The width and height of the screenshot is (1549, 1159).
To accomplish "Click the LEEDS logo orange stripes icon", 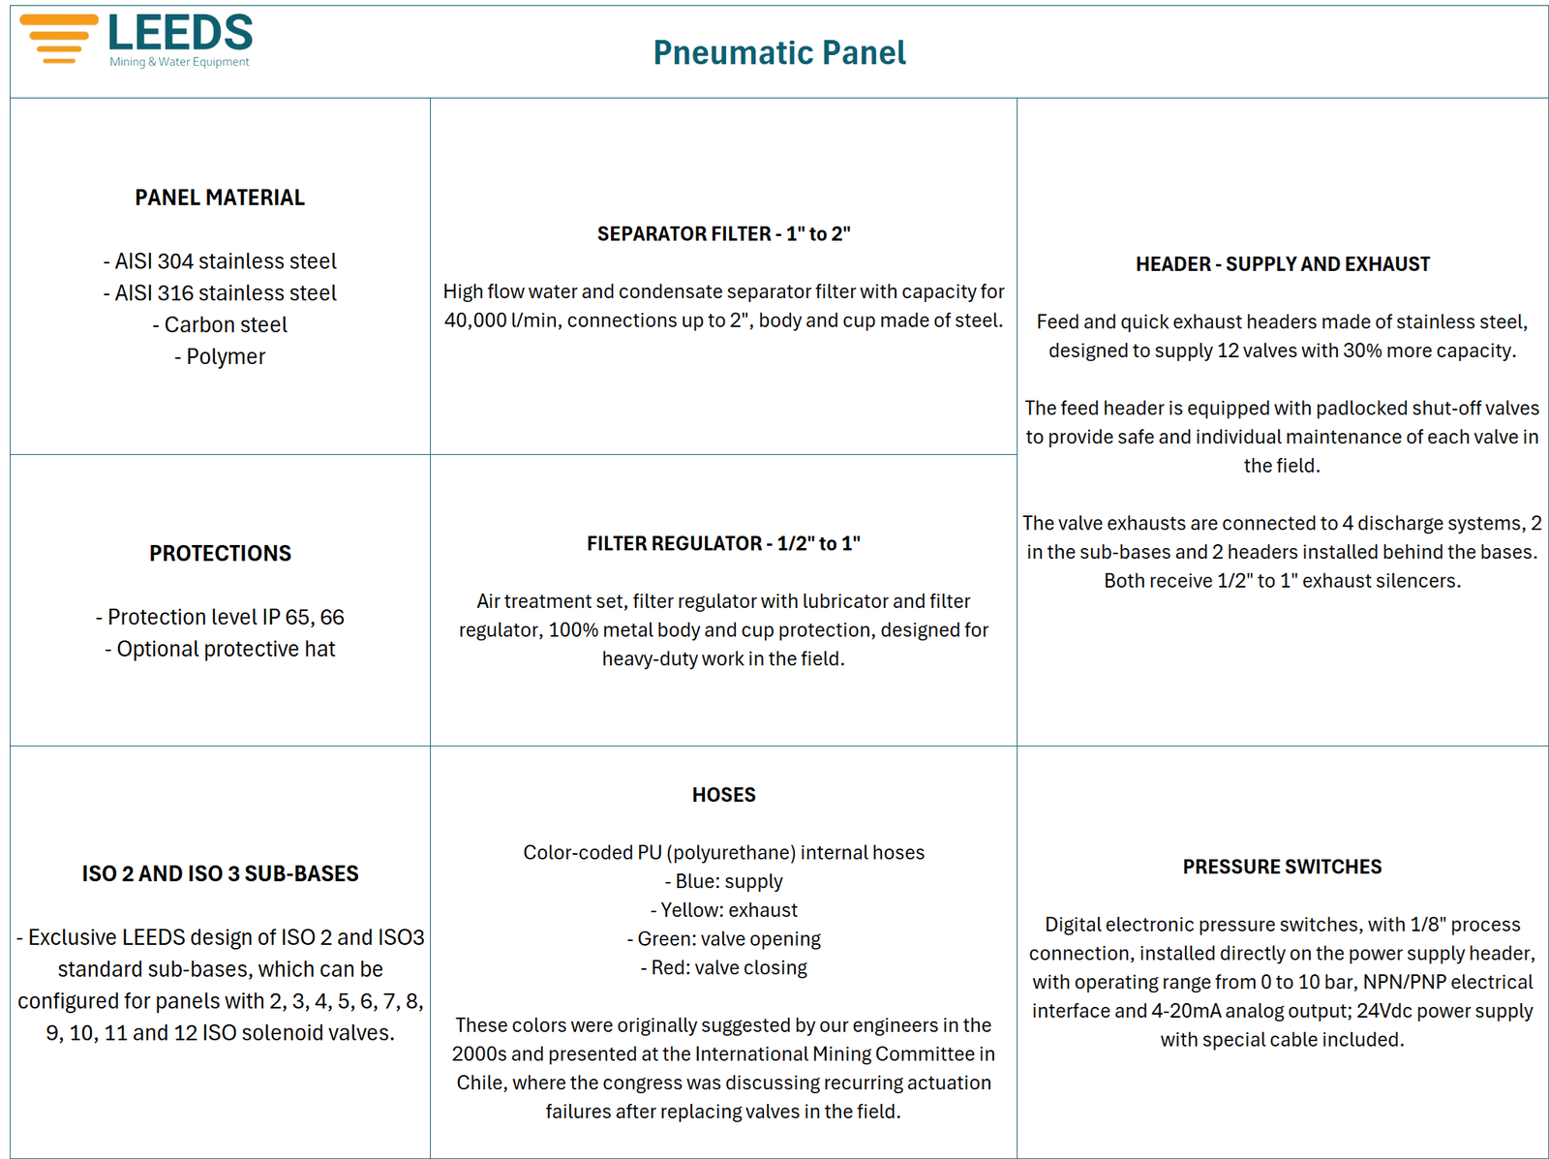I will coord(59,39).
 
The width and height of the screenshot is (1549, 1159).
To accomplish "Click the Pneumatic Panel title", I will coord(779,52).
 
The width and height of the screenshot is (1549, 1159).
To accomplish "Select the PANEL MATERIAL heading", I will coord(220,198).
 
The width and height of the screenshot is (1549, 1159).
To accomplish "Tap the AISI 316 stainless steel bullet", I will coord(220,292).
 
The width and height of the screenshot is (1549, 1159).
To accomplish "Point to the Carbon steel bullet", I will coord(220,324).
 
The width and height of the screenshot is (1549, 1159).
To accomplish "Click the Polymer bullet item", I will coord(220,356).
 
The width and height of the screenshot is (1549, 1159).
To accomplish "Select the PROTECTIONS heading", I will coord(220,553).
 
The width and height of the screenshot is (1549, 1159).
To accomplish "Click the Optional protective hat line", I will coord(220,649).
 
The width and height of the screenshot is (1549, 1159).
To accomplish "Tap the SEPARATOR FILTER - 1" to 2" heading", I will coord(723,233).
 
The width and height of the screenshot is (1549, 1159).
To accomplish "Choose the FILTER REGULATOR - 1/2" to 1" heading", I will coord(723,543).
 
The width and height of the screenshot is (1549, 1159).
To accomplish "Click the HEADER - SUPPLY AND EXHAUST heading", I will coord(1282,264).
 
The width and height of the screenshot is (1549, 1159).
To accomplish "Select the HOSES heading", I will coord(723,795).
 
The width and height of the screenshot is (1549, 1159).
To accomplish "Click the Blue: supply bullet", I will coord(723,881).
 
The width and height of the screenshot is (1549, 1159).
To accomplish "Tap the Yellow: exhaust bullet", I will coord(723,910).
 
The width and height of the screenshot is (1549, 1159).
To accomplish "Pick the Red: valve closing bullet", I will coord(723,967).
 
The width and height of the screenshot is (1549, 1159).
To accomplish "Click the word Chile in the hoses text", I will coord(481,1083).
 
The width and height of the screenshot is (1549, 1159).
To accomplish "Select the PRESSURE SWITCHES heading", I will coord(1282,867).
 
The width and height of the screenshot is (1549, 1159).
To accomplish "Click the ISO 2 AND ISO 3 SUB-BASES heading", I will coord(220,873).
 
